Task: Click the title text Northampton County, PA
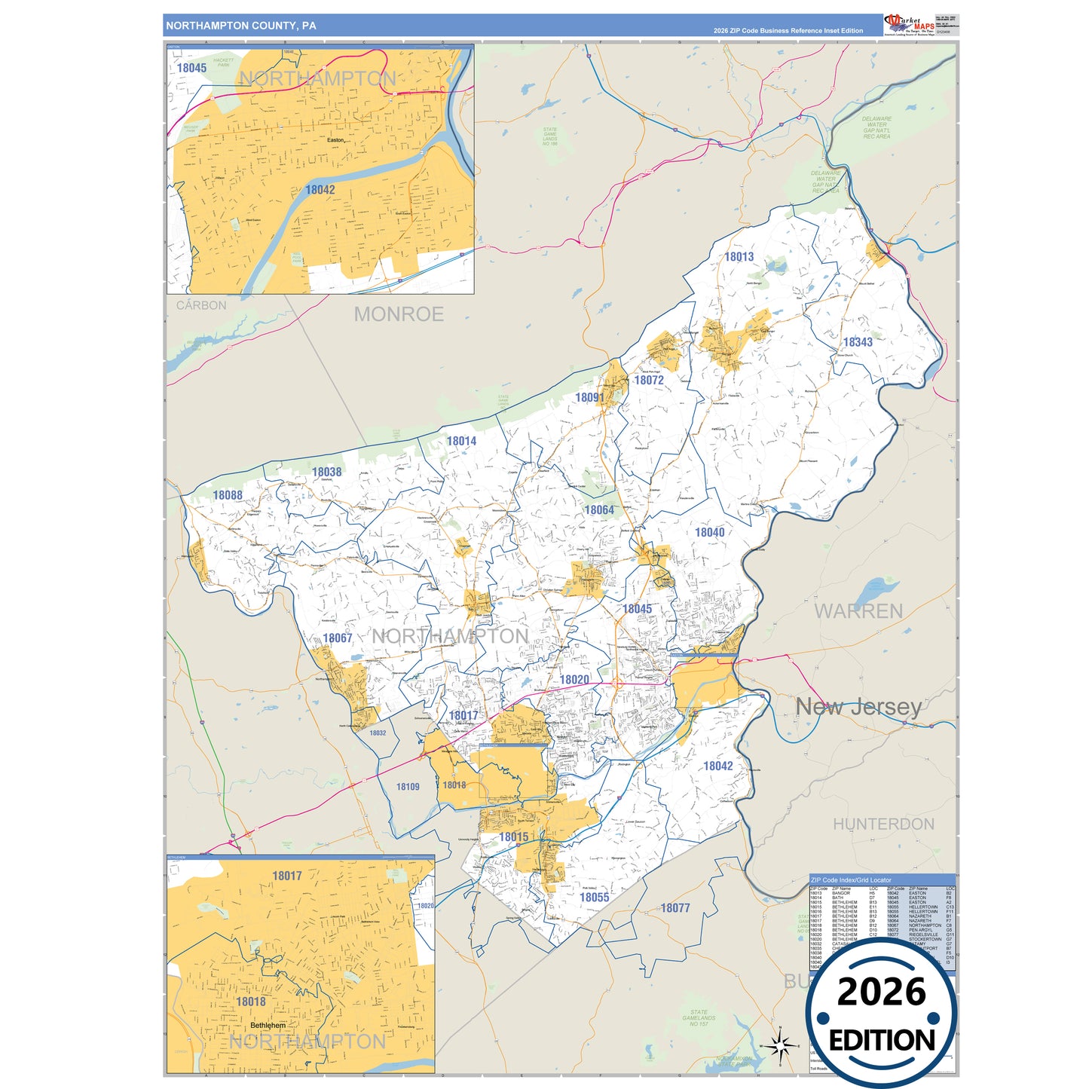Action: [x=241, y=26]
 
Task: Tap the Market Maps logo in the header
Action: [x=910, y=24]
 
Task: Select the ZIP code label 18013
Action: [x=739, y=257]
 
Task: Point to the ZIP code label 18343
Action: [x=858, y=342]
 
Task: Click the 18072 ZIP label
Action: [x=649, y=381]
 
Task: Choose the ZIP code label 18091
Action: [x=589, y=398]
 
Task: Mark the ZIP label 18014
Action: [x=461, y=442]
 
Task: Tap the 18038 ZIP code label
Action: [x=327, y=473]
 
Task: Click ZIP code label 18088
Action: [x=228, y=495]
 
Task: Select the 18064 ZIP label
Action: [x=599, y=510]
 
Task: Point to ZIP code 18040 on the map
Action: [x=709, y=533]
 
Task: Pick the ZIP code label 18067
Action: [x=338, y=638]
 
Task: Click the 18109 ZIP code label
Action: [x=408, y=787]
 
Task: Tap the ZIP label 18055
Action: [x=595, y=898]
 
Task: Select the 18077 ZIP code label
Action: [x=675, y=908]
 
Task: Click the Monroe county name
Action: [x=399, y=314]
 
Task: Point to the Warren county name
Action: [x=858, y=611]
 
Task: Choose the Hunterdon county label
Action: [x=883, y=824]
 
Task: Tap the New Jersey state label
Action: [x=859, y=707]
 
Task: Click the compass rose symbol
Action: [x=780, y=1045]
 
